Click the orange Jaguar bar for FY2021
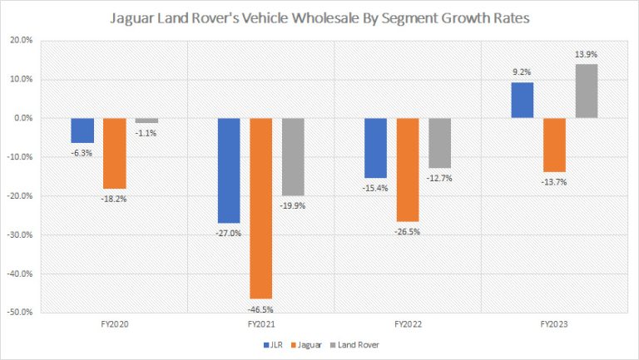click(262, 208)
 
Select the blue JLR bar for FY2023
click(523, 100)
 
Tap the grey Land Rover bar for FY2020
click(146, 121)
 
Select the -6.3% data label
click(82, 152)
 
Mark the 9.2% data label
click(523, 72)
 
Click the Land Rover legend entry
click(363, 343)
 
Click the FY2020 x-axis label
click(115, 325)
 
